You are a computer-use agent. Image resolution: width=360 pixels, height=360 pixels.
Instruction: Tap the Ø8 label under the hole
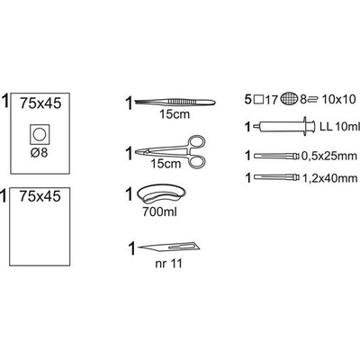pos(39,153)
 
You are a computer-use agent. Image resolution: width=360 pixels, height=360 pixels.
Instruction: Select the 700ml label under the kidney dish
pos(159,212)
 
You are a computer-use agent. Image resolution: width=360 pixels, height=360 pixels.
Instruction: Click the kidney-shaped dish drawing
pos(161,195)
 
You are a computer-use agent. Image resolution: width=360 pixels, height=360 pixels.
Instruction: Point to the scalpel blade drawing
pos(168,247)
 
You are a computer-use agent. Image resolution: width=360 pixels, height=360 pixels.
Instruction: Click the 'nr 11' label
pos(168,264)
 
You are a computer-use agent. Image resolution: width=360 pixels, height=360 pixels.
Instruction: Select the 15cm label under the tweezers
pos(175,114)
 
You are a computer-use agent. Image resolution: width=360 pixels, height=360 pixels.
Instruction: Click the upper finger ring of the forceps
pos(197,142)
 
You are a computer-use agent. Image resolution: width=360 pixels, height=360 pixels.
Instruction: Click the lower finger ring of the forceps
pos(196,161)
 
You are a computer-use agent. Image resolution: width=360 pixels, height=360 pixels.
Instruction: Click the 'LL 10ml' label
pos(339,127)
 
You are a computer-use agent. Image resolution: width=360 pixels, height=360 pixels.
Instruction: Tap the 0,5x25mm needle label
pos(329,156)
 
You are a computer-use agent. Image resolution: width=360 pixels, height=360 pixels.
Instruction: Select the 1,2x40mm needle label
pos(330,178)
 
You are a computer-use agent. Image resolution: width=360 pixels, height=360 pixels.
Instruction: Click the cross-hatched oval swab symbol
pos(290,99)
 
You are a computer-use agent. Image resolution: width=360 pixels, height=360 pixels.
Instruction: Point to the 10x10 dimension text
pos(338,99)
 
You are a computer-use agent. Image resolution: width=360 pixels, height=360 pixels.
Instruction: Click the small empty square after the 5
pos(258,100)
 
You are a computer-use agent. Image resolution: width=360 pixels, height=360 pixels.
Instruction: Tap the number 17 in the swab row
pos(272,99)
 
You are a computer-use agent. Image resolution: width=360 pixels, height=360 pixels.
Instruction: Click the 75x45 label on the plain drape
pos(40,196)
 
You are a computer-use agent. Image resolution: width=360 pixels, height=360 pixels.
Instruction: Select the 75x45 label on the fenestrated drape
pos(40,103)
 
